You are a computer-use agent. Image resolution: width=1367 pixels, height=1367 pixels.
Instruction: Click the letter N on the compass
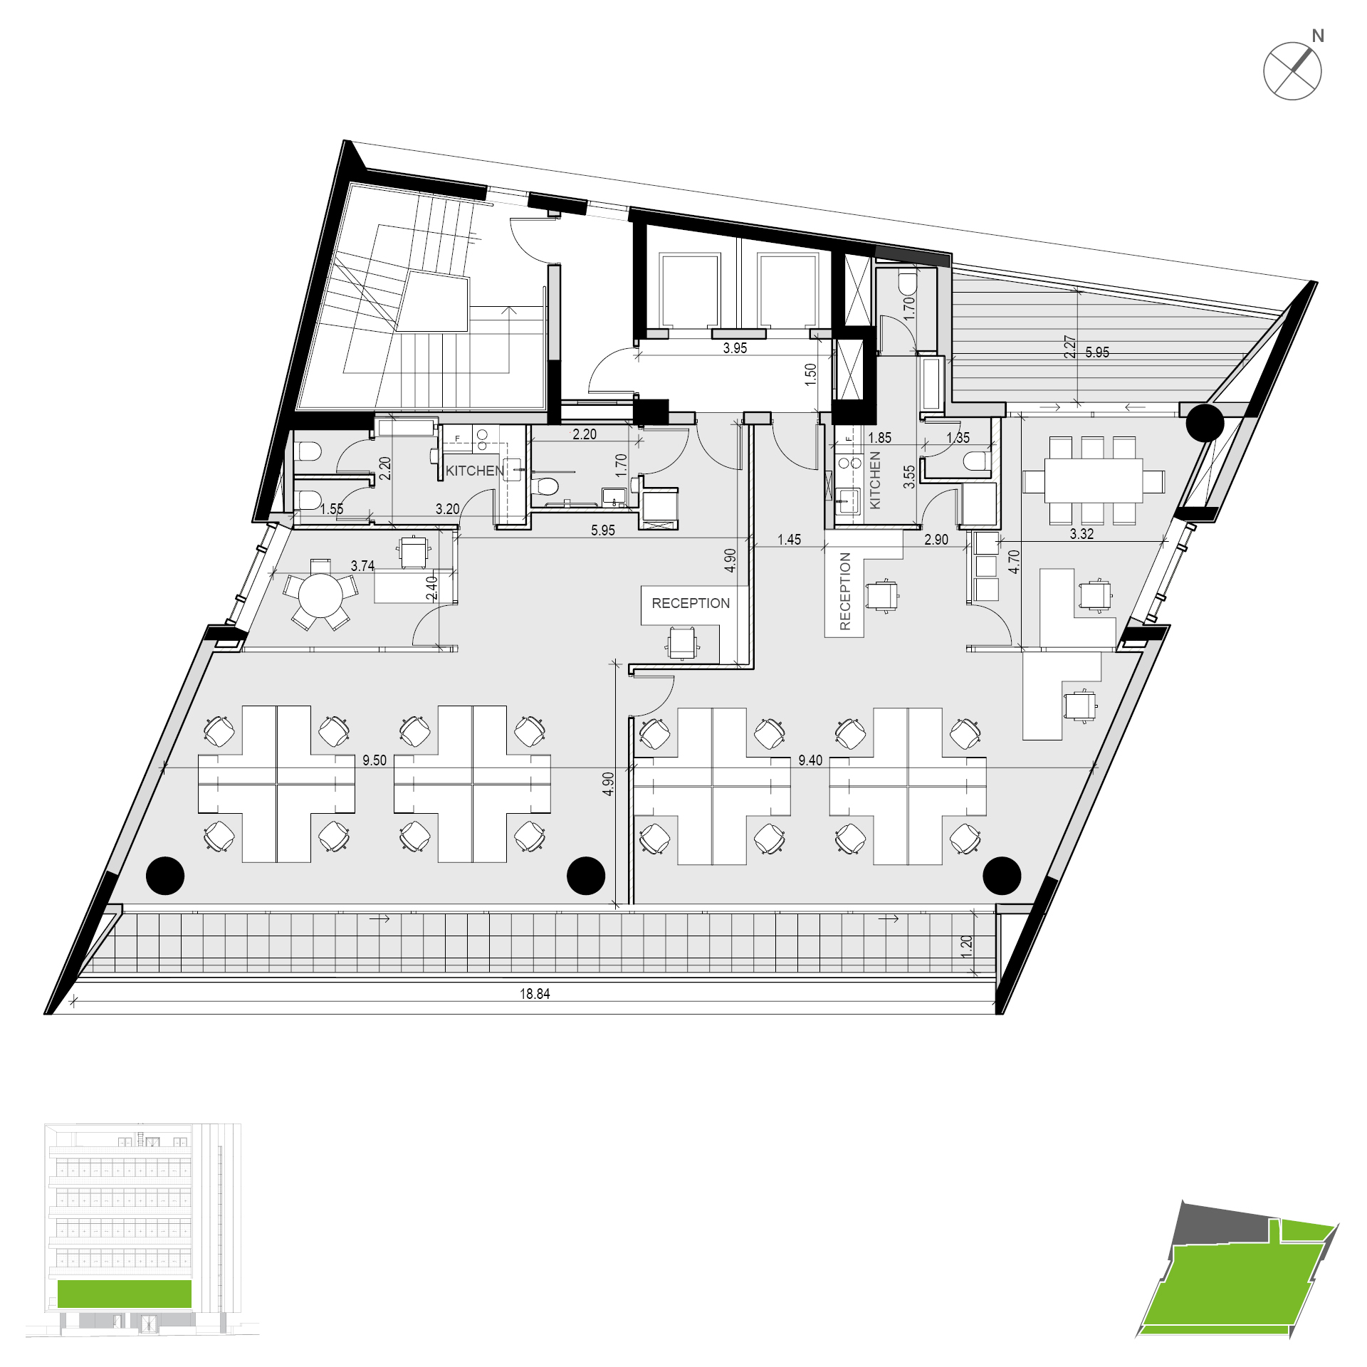1318,36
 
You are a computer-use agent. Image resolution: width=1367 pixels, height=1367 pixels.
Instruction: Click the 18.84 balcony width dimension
535,994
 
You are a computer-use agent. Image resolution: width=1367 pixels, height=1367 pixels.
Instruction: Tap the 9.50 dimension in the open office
375,760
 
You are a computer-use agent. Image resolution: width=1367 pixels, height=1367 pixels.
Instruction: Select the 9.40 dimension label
810,760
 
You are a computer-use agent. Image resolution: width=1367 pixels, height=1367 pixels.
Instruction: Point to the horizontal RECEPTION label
691,603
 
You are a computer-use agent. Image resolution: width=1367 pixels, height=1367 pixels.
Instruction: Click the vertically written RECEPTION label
845,591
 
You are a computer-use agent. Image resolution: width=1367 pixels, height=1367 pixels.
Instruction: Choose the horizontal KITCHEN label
475,471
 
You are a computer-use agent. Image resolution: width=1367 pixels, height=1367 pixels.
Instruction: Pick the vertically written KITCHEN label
875,480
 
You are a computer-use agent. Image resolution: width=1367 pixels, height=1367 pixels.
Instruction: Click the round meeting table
320,595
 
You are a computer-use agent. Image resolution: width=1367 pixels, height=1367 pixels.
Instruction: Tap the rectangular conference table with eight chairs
1094,481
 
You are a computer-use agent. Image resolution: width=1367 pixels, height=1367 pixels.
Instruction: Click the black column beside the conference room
1205,423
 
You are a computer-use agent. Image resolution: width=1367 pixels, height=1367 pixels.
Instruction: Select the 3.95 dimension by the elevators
735,348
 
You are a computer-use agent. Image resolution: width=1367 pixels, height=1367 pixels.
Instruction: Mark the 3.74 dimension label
362,566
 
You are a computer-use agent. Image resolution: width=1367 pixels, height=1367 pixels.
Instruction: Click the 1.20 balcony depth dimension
966,946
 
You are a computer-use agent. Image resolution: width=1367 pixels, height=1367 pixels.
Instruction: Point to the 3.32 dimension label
1081,534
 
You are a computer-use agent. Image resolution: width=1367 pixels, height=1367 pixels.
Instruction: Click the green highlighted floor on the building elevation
125,1294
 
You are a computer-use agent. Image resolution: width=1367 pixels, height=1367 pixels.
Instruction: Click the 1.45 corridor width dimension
789,540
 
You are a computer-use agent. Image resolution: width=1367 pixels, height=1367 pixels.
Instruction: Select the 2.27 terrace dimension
1069,347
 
